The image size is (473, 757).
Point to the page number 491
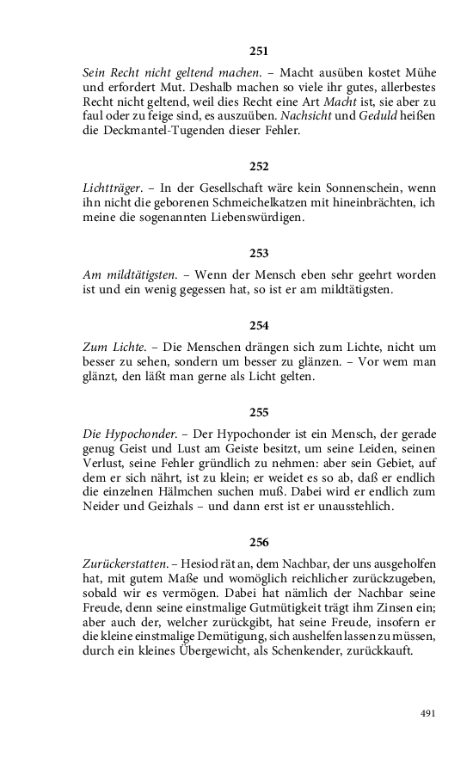(427, 713)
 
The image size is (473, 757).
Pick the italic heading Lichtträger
(110, 188)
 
